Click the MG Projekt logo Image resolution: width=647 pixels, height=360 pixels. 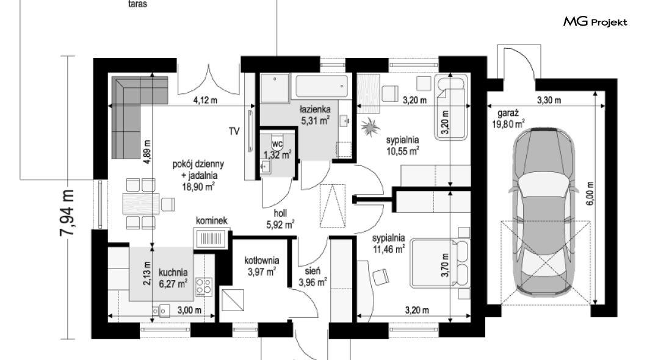(595, 22)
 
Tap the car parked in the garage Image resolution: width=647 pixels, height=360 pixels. (543, 213)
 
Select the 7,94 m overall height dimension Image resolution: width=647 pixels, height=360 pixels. (67, 213)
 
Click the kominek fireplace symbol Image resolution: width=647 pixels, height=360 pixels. (211, 239)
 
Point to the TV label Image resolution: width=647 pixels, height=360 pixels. (234, 132)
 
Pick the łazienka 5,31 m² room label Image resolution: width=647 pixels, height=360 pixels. (315, 115)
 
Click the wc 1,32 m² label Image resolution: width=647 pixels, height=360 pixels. (277, 149)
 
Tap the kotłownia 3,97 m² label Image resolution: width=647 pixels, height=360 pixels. (262, 266)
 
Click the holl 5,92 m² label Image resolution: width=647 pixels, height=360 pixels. (280, 219)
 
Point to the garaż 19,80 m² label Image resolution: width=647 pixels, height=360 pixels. (508, 118)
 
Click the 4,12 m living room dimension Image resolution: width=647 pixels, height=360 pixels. (205, 100)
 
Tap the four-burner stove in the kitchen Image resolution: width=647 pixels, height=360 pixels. (204, 286)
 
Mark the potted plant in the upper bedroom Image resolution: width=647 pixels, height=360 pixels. (370, 126)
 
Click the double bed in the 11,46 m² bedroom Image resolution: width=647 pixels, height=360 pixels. (440, 264)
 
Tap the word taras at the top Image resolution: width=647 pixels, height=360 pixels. (137, 4)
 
